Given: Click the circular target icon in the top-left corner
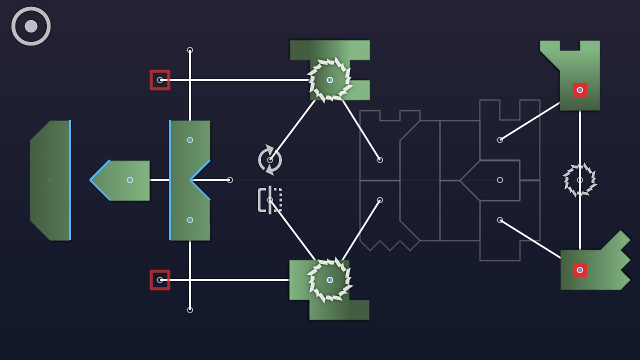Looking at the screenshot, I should (x=31, y=26).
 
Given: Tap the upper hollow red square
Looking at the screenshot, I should (x=160, y=80).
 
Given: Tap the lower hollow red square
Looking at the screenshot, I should (x=160, y=280).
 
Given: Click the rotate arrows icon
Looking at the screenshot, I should (x=270, y=160).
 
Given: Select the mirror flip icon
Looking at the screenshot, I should (x=270, y=200).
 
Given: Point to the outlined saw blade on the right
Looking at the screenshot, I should (x=580, y=180).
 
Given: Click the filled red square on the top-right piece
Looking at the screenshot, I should (x=580, y=90).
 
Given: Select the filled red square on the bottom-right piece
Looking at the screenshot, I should (x=580, y=270).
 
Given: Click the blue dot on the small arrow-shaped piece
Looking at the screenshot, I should (x=130, y=180).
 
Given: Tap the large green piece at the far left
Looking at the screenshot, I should (x=50, y=180).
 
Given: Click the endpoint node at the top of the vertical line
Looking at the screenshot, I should (x=190, y=50).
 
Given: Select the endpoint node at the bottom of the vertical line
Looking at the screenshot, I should (x=190, y=310).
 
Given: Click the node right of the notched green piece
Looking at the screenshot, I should (x=230, y=180).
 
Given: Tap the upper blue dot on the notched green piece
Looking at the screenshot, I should (x=190, y=140).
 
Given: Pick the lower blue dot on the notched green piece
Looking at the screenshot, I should (x=190, y=220).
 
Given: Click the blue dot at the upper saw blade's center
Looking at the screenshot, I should (x=330, y=80).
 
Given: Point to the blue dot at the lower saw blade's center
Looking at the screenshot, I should (x=330, y=280).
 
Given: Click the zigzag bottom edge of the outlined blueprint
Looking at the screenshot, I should (x=390, y=245).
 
